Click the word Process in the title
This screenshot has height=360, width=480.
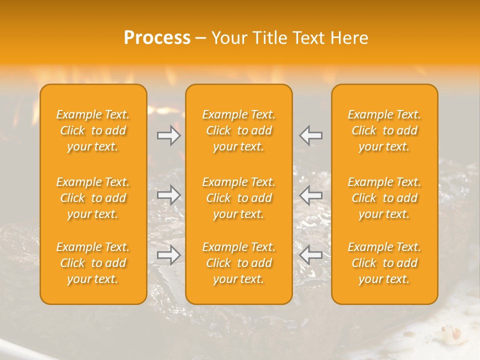(157, 38)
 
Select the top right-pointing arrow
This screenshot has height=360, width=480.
(169, 135)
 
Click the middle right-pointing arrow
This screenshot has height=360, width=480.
(169, 195)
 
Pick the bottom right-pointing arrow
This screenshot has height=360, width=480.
(169, 255)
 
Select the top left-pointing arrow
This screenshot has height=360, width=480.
(310, 135)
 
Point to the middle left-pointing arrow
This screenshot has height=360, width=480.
(310, 195)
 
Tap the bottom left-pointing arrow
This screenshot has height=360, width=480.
(310, 255)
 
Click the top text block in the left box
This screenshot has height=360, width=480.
(93, 130)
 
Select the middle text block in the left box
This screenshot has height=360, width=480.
(93, 198)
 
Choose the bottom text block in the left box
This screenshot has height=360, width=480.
(93, 263)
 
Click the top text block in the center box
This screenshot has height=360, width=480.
(239, 130)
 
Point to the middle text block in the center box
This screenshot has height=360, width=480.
(239, 198)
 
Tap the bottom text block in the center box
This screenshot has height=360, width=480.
(239, 263)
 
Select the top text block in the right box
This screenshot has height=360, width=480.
(384, 130)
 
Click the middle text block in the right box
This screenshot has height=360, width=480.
(384, 198)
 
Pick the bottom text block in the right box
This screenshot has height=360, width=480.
(384, 263)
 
